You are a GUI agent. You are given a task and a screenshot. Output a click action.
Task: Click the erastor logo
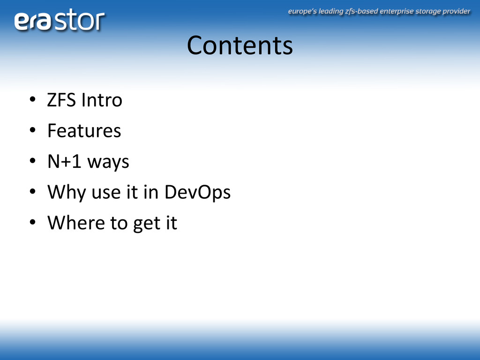[x=60, y=20]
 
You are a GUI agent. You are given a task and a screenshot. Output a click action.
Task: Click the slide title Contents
[x=240, y=45]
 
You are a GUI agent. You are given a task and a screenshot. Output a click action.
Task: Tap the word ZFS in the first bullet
[x=61, y=100]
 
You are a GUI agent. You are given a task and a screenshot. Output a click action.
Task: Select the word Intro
[x=102, y=100]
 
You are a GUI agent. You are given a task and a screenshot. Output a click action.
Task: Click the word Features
[x=84, y=131]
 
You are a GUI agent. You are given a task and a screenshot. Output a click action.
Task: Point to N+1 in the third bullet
[x=64, y=161]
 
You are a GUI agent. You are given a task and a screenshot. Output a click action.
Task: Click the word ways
[x=108, y=163]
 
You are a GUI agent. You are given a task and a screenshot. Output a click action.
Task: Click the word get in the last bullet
[x=147, y=224]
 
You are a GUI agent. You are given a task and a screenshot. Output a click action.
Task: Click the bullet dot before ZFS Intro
[x=32, y=100]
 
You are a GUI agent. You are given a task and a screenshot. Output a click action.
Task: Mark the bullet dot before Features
[x=32, y=130]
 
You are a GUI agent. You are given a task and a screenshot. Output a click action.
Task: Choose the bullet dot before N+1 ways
[x=32, y=161]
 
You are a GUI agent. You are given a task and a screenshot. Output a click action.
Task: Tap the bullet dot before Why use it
[x=32, y=192]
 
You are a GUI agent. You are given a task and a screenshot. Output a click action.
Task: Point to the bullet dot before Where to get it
[x=32, y=222]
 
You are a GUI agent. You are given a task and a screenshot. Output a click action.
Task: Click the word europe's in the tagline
[x=302, y=12]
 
